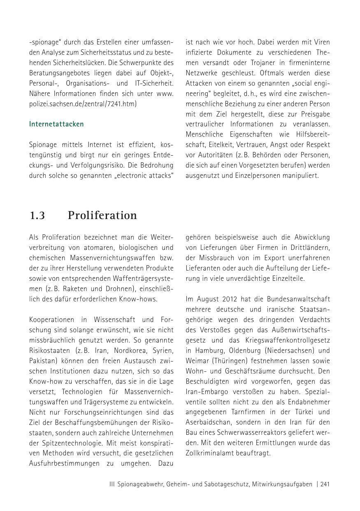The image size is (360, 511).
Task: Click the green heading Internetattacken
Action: pos(56,124)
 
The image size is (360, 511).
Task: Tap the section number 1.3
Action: pos(37,215)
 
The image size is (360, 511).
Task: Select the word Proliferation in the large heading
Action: pos(102,215)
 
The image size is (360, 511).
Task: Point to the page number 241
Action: pos(325,484)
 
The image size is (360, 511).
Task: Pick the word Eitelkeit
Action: pos(219,145)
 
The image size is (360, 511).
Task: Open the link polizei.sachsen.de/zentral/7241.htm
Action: pos(82,104)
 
